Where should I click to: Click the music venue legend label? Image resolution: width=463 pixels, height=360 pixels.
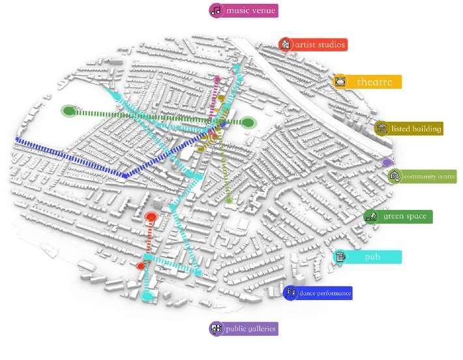(251, 10)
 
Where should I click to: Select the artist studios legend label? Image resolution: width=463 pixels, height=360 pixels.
(320, 44)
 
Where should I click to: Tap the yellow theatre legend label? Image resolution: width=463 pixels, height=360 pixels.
(374, 82)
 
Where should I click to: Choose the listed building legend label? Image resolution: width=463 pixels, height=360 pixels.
(416, 128)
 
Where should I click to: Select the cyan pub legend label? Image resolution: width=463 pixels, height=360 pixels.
(372, 257)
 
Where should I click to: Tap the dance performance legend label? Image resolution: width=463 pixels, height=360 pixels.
(325, 293)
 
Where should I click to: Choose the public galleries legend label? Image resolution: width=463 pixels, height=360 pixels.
(250, 329)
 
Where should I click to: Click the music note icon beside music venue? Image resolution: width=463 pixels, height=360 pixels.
(216, 10)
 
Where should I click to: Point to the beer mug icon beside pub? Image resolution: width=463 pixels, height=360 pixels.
(340, 257)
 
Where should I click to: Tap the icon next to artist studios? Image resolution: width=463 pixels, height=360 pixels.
(285, 44)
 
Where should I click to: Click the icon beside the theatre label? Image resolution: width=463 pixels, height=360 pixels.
(340, 82)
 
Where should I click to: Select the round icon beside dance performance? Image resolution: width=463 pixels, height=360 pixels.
(291, 293)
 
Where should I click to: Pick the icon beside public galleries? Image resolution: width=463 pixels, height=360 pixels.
(217, 329)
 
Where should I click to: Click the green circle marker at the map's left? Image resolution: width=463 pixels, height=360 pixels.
(68, 111)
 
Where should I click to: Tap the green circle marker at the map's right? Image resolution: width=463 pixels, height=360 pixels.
(248, 122)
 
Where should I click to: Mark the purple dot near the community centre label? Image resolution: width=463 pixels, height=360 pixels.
(387, 162)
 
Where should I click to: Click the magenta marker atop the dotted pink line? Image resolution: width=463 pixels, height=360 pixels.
(217, 80)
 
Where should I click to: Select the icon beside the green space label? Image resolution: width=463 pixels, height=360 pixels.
(371, 217)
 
